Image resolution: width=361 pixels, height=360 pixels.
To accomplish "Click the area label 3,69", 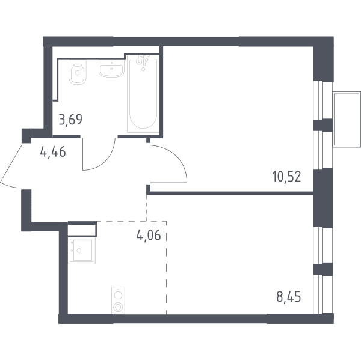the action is click(x=70, y=120).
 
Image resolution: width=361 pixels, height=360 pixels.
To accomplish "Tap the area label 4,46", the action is click(x=53, y=151).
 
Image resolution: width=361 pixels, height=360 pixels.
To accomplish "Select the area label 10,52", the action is click(x=286, y=177).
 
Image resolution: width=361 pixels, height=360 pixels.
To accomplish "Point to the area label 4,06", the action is click(x=148, y=236).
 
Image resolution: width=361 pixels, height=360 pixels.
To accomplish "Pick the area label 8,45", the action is click(x=288, y=297).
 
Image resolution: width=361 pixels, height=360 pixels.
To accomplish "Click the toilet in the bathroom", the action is click(x=78, y=72).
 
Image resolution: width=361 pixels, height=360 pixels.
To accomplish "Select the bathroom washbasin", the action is click(x=111, y=68).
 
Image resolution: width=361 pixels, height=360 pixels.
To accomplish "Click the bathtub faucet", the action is click(x=142, y=60).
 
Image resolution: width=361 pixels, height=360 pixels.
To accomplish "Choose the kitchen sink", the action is click(x=81, y=251).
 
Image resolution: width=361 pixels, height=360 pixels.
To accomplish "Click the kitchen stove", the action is click(x=118, y=301).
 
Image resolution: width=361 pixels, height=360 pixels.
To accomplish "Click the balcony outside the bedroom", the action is click(x=347, y=119).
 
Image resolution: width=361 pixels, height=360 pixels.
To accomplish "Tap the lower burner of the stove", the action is click(x=118, y=307).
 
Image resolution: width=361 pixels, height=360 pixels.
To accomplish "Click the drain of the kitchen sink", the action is click(x=79, y=251).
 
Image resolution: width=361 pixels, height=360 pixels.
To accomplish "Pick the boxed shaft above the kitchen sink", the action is click(x=82, y=229).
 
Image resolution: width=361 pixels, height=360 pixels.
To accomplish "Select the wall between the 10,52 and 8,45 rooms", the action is click(x=230, y=193).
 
